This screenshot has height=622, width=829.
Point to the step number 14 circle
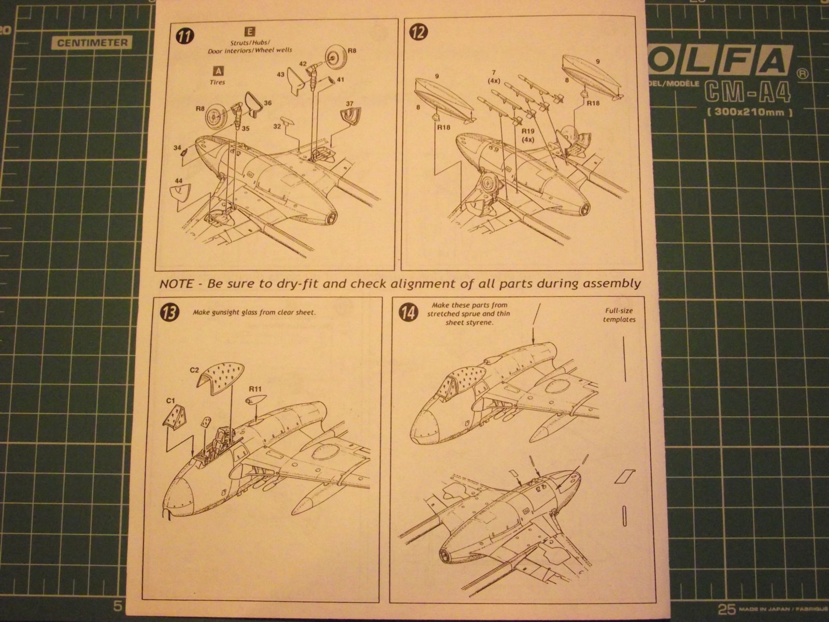coord(406,313)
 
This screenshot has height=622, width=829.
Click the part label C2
coord(195,370)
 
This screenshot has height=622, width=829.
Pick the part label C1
coord(169,400)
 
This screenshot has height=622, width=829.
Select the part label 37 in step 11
coord(350,103)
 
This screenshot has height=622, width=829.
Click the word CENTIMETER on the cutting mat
coord(92,43)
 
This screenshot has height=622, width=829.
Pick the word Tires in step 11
coord(218,82)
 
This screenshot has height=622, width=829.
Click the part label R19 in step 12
coord(527,131)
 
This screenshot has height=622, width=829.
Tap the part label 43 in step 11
coord(280,75)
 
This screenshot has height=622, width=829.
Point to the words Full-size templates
coord(620,316)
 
